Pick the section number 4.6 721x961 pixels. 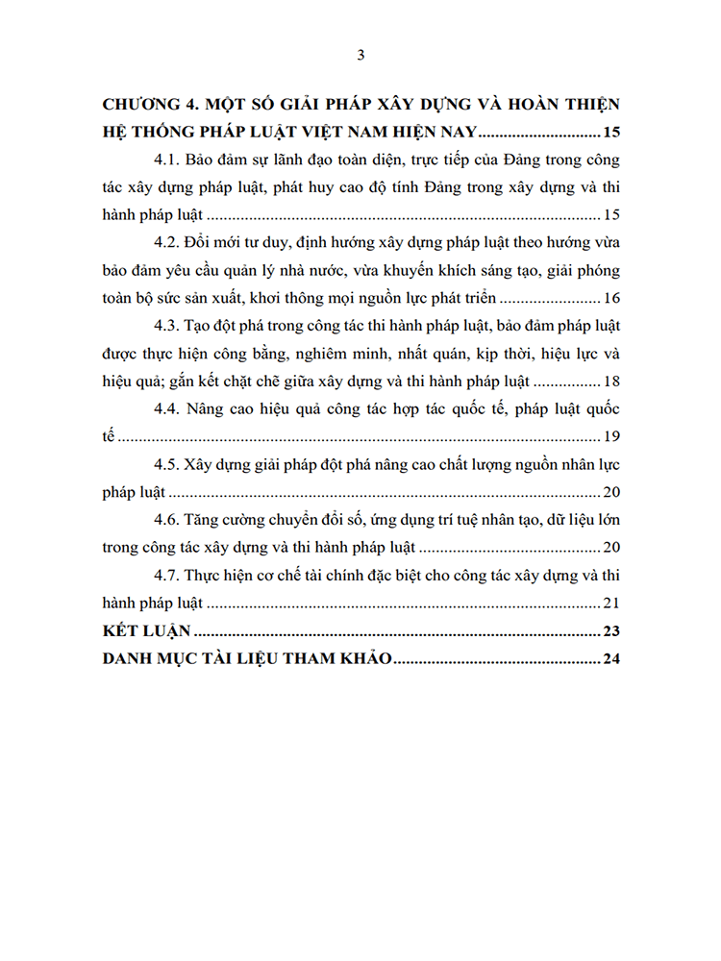(169, 522)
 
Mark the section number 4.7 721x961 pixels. (169, 578)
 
